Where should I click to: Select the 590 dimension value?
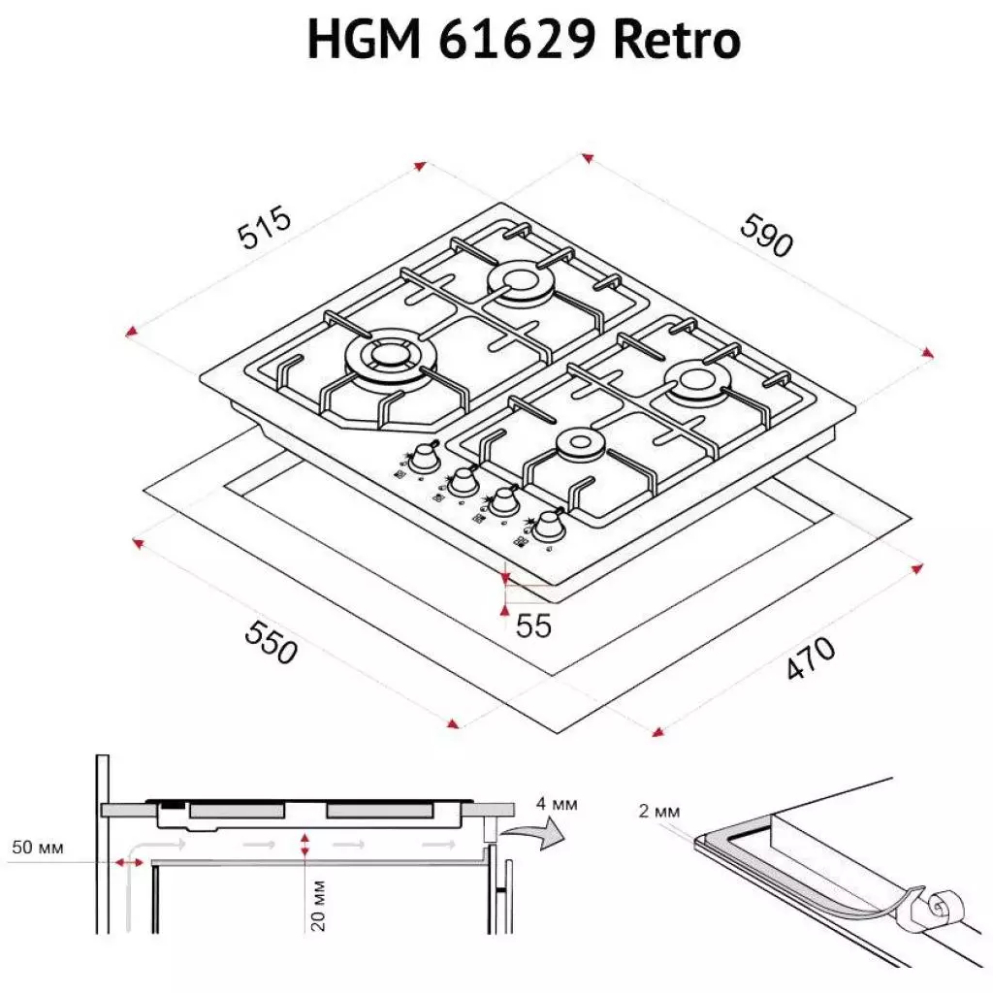click(766, 235)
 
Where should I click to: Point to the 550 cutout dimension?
click(270, 642)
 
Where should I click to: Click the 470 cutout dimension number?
click(809, 659)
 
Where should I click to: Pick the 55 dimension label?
click(532, 626)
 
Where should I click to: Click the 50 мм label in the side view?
click(37, 848)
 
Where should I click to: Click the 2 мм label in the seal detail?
click(660, 811)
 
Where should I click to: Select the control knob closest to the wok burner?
click(424, 459)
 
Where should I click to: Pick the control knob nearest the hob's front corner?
click(550, 527)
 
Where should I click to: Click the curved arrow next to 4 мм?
click(542, 833)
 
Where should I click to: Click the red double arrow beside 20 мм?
click(305, 844)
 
